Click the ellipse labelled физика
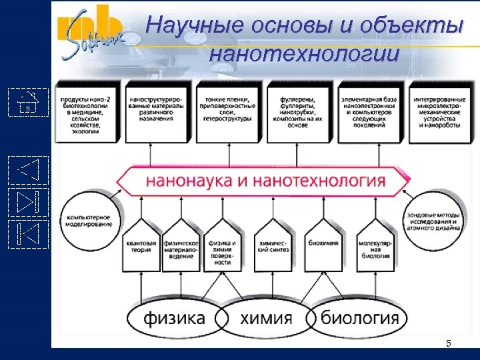point(175,319)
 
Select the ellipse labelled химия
point(265,319)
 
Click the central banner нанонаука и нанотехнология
point(264,181)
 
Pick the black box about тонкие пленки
point(229,111)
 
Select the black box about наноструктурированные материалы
point(158,111)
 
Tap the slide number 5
point(448,343)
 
